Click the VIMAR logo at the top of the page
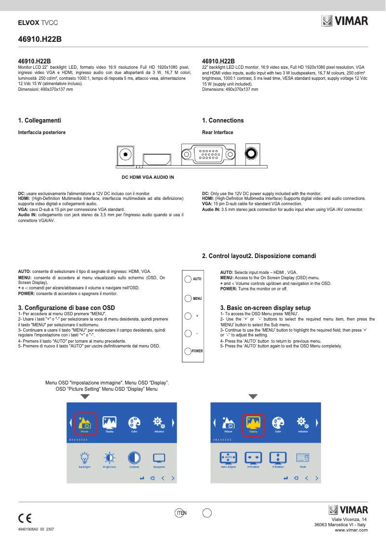click(x=344, y=21)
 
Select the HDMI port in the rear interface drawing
click(x=156, y=159)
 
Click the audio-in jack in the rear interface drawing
click(x=251, y=154)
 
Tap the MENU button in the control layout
click(x=188, y=298)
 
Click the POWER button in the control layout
click(x=188, y=350)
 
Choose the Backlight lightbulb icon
click(x=85, y=458)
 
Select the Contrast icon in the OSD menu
click(x=134, y=458)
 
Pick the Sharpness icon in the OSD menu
click(x=159, y=458)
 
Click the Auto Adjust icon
click(x=228, y=458)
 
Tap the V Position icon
click(x=278, y=458)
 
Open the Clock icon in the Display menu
click(x=303, y=458)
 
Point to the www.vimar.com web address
click(x=351, y=530)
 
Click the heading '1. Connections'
click(x=223, y=120)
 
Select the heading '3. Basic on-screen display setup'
click(x=265, y=308)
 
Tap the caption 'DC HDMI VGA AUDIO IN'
click(x=147, y=177)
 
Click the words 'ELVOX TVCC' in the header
click(x=38, y=23)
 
